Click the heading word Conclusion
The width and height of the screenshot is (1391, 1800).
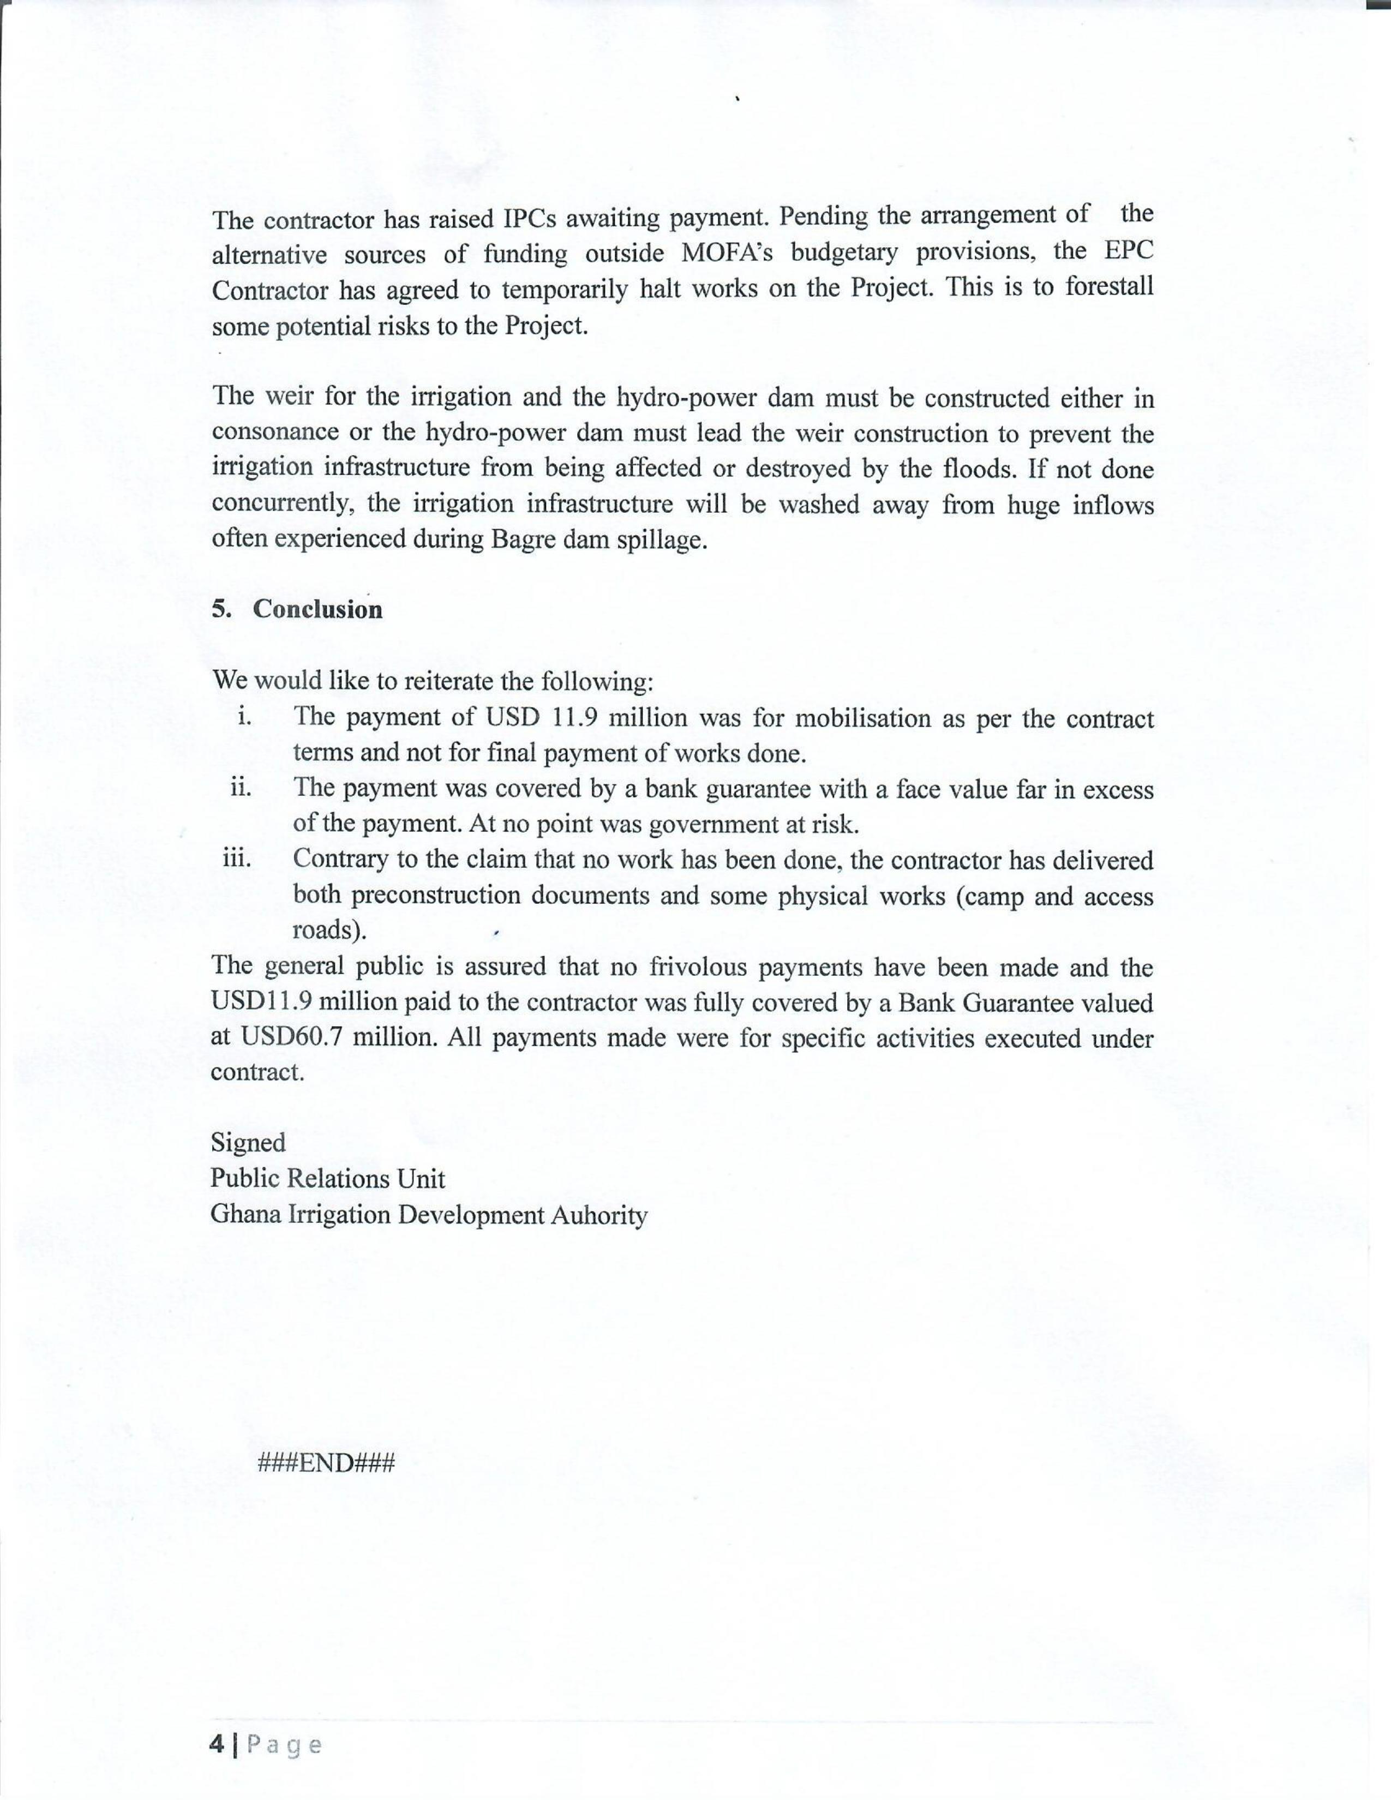317,609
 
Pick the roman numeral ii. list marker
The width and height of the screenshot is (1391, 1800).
241,788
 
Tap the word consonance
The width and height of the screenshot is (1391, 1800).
274,433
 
